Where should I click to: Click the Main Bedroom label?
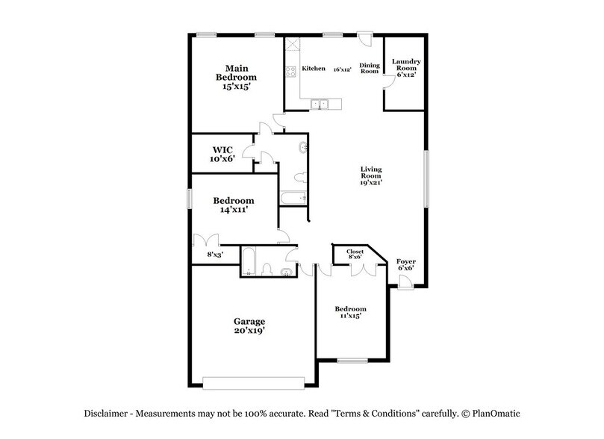tap(236, 77)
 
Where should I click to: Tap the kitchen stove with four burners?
tap(290, 72)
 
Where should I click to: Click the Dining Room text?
tap(370, 68)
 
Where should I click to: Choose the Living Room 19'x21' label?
tap(370, 176)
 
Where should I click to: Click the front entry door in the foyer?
tap(404, 281)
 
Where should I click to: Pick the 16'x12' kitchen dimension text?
tap(342, 69)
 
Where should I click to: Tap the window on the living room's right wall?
tap(427, 179)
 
